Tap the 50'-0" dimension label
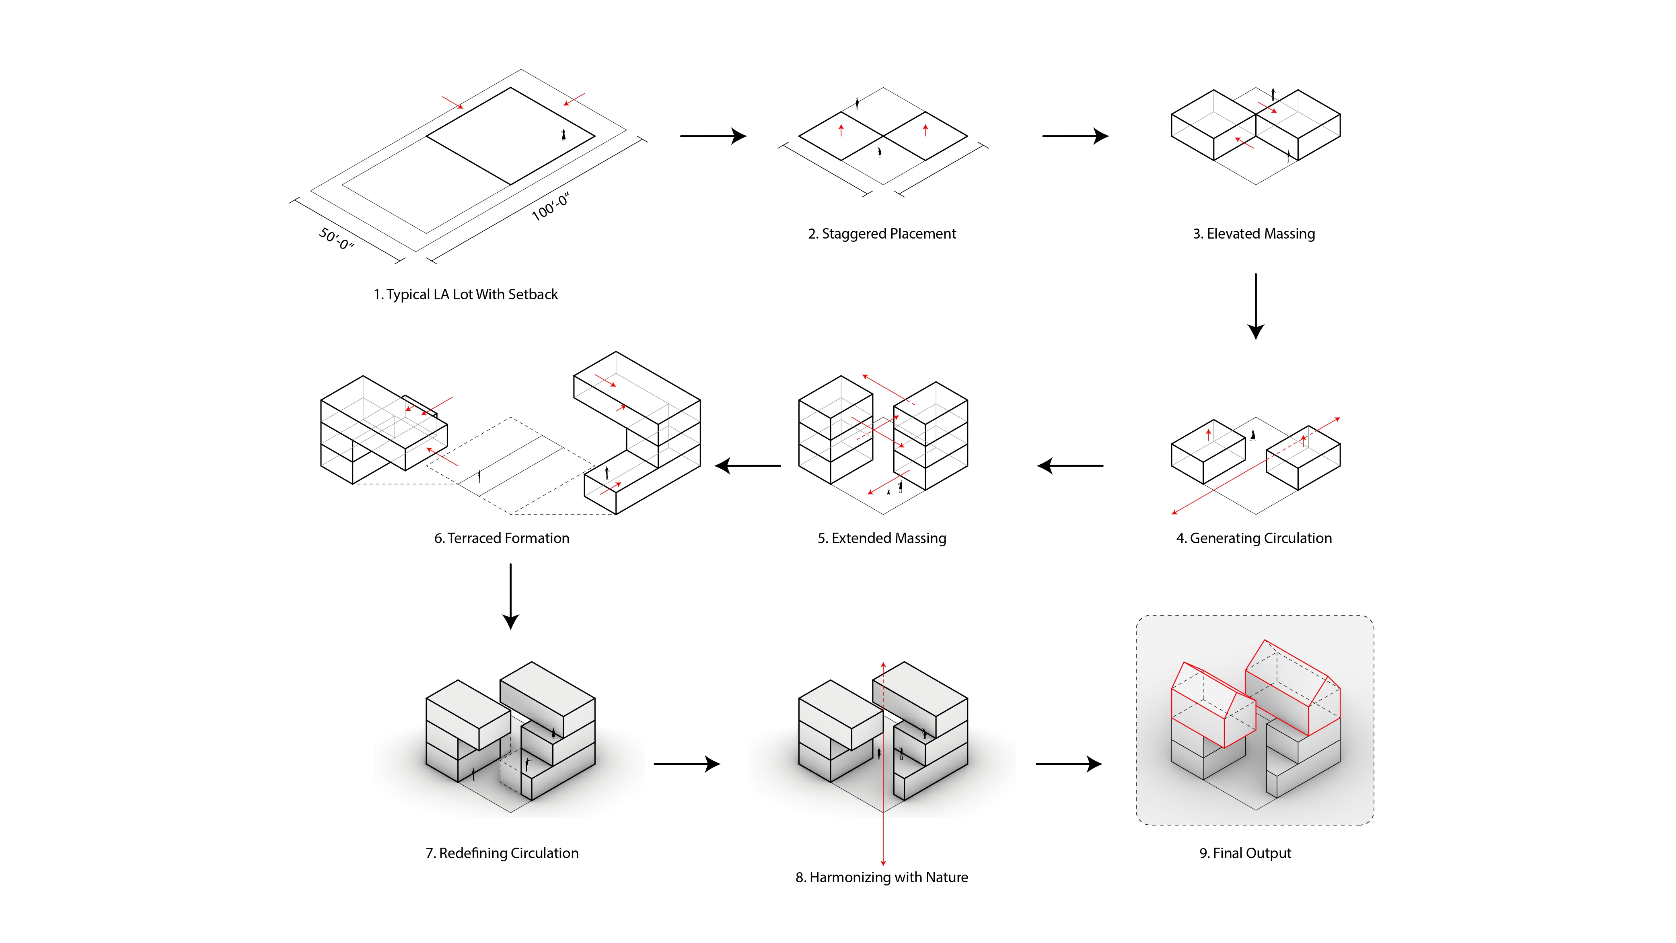pyautogui.click(x=336, y=239)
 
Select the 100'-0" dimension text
pyautogui.click(x=551, y=207)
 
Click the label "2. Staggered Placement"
pyautogui.click(x=882, y=234)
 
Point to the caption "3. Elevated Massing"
pyautogui.click(x=1253, y=234)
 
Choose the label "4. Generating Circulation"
pyautogui.click(x=1253, y=538)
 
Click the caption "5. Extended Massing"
pyautogui.click(x=882, y=538)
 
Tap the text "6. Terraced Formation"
pyautogui.click(x=502, y=538)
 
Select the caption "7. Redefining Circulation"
pyautogui.click(x=502, y=853)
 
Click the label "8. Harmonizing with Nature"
pyautogui.click(x=882, y=877)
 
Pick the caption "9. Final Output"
pyautogui.click(x=1245, y=853)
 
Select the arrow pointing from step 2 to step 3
pyautogui.click(x=1075, y=136)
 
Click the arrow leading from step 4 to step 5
pyautogui.click(x=1070, y=466)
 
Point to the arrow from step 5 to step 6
pyautogui.click(x=748, y=466)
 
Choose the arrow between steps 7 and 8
pyautogui.click(x=687, y=764)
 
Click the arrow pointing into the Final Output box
pyautogui.click(x=1068, y=764)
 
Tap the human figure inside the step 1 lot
pyautogui.click(x=563, y=135)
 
